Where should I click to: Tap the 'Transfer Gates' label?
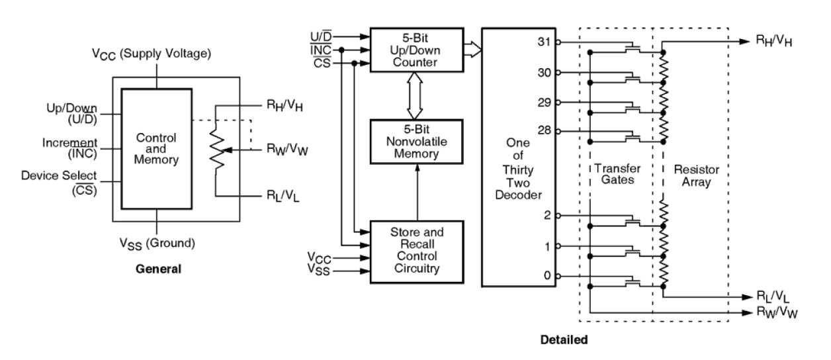615,175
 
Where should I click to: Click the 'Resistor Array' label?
691,175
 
